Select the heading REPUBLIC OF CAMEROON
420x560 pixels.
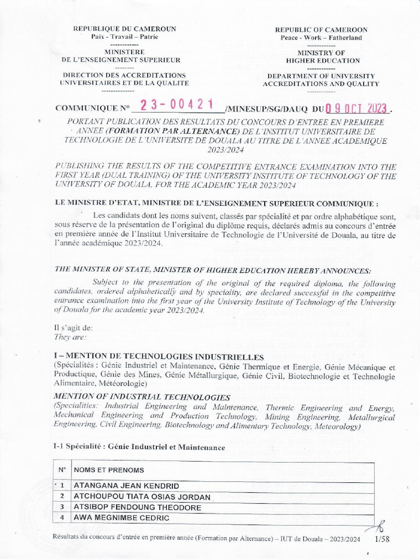pyautogui.click(x=321, y=30)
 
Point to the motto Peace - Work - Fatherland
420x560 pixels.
pyautogui.click(x=321, y=38)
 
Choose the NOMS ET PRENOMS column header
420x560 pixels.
pyautogui.click(x=109, y=470)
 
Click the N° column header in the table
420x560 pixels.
pyautogui.click(x=62, y=470)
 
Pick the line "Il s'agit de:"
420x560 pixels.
pyautogui.click(x=69, y=328)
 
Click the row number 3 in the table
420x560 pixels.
pyautogui.click(x=62, y=507)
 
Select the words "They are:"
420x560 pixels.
pyautogui.click(x=67, y=336)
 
